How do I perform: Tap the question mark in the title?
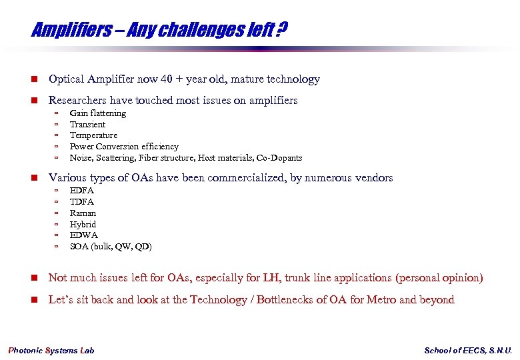(x=283, y=30)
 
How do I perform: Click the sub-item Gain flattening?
(x=98, y=113)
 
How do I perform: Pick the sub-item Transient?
(x=87, y=125)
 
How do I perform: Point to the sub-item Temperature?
(x=93, y=135)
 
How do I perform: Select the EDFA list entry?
(x=82, y=191)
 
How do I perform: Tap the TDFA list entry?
(x=82, y=202)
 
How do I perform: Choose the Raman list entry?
(x=83, y=213)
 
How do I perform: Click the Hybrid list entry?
(x=83, y=225)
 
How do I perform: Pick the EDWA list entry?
(x=83, y=235)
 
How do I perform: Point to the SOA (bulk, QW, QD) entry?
(x=111, y=247)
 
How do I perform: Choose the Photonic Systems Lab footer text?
(x=51, y=351)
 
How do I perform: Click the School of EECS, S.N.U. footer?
(x=468, y=351)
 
